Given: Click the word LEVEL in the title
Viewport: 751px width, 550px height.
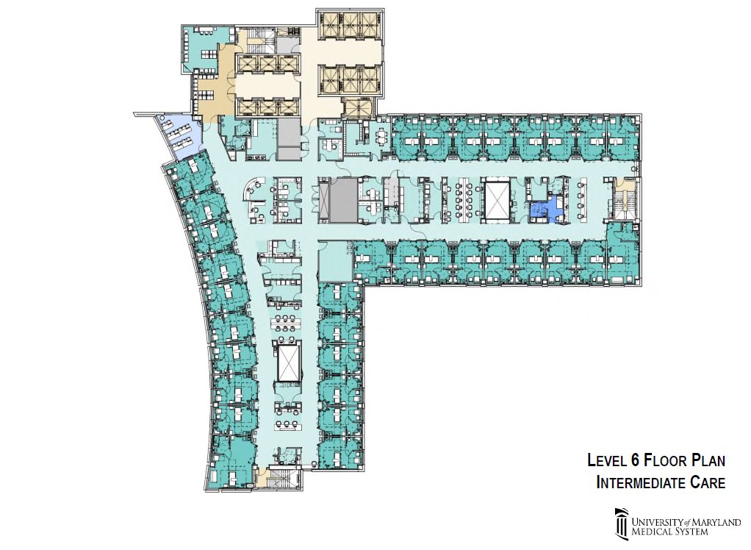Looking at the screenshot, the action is point(607,461).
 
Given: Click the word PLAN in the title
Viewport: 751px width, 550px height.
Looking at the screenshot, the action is point(707,461).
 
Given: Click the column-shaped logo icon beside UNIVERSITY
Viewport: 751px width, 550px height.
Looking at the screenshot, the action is point(622,523).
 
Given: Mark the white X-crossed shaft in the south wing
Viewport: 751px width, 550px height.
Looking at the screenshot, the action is point(289,362).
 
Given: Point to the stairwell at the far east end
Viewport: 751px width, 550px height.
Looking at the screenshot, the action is point(625,199).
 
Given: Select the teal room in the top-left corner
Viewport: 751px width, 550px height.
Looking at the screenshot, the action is point(204,49).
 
